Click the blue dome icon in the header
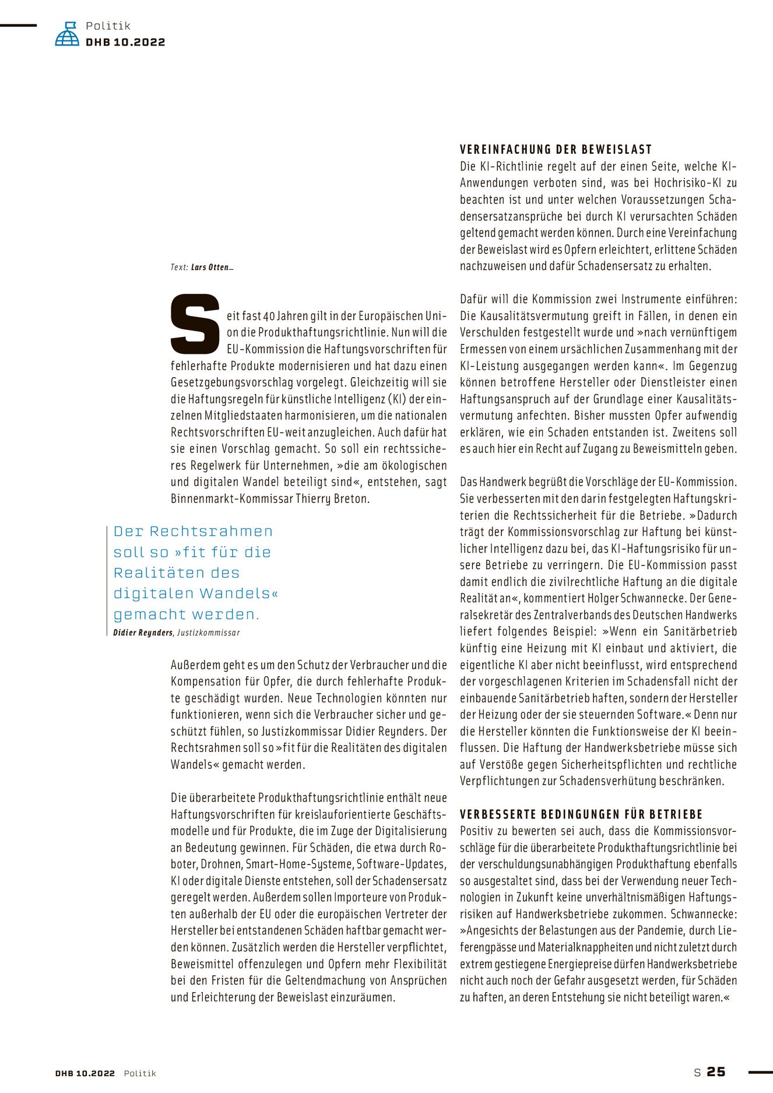point(67,34)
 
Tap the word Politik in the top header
point(108,26)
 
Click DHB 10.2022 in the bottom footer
point(85,1073)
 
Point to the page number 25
point(716,1071)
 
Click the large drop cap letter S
point(195,324)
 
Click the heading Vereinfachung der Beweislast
point(556,149)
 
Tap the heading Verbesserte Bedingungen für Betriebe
point(581,814)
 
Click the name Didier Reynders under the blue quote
point(143,632)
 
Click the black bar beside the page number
point(760,1071)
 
